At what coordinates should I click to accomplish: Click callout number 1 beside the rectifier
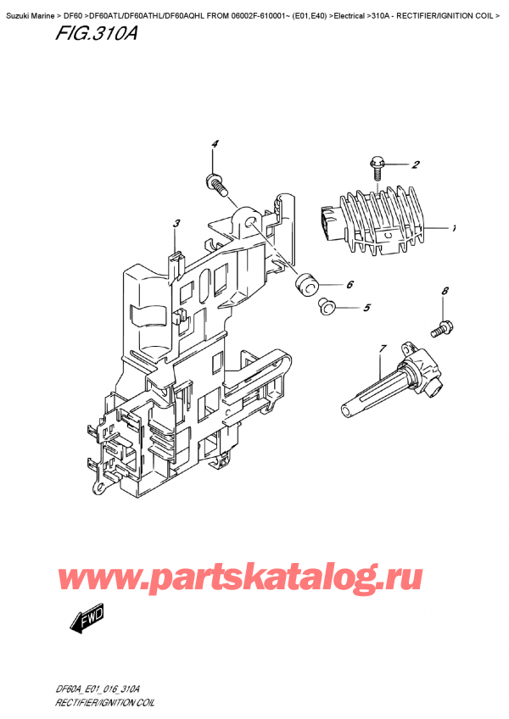coord(454,228)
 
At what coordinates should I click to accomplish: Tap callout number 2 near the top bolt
coord(415,164)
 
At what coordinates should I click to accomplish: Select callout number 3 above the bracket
coord(176,224)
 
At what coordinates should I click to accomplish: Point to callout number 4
coord(215,144)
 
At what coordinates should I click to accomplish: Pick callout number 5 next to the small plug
coord(366,307)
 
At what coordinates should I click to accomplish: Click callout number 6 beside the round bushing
coord(350,285)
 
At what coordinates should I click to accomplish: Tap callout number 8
coord(445,291)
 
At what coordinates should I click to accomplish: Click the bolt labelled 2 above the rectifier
coord(375,168)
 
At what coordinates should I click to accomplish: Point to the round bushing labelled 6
coord(305,286)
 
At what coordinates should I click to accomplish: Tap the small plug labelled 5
coord(327,307)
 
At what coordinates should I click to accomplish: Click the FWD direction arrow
coord(87,619)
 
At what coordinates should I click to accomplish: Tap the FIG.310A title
coord(97,34)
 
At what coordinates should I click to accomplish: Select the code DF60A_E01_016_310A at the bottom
coord(92,689)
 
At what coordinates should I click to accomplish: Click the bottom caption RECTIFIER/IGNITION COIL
coord(104,703)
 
